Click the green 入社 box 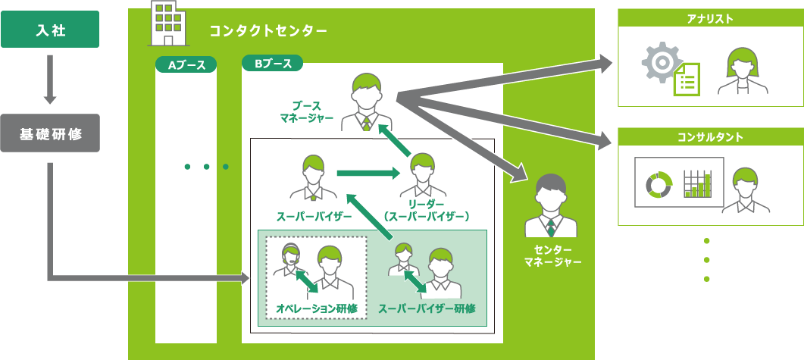[x=49, y=30]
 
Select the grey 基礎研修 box [x=49, y=134]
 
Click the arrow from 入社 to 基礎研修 [x=50, y=80]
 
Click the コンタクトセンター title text [x=268, y=31]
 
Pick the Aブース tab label [x=186, y=65]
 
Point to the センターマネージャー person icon [x=551, y=206]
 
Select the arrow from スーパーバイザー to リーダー [x=368, y=174]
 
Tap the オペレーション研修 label [x=314, y=308]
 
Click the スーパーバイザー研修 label [x=426, y=308]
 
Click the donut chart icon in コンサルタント [x=659, y=183]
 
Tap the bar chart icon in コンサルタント [x=698, y=183]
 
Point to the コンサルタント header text [x=709, y=138]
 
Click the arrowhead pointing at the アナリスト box [x=605, y=64]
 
